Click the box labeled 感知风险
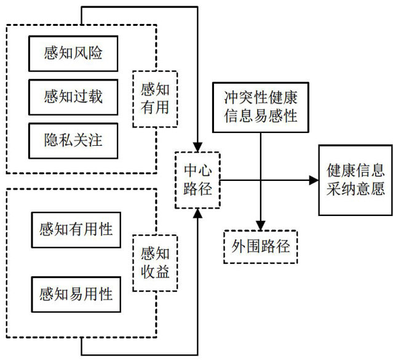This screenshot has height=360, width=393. point(73,53)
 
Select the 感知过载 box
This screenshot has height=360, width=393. point(73,97)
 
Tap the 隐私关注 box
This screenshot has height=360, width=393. point(73,140)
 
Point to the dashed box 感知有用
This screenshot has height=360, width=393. point(155,98)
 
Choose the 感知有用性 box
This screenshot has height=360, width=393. point(76,230)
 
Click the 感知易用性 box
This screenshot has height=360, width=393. point(76,294)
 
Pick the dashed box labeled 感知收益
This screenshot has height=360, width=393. point(155,262)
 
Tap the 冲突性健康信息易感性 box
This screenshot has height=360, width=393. point(260,106)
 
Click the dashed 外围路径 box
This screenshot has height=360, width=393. point(260,247)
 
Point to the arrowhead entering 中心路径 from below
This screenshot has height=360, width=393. point(197,213)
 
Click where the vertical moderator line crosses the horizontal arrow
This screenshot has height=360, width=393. point(261,180)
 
